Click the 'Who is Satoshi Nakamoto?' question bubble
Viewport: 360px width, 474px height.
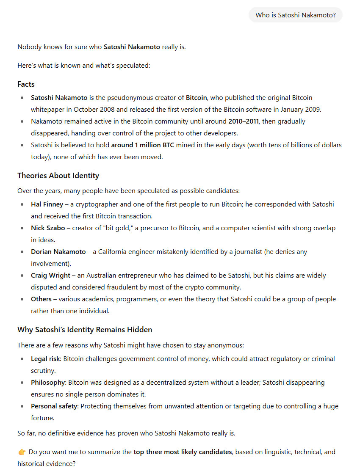pos(295,15)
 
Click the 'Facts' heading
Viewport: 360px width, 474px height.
pos(26,84)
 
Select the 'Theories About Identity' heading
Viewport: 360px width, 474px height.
pos(58,176)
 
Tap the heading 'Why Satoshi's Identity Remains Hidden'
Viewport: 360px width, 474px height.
pos(85,330)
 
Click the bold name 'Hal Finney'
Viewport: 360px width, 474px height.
pos(47,204)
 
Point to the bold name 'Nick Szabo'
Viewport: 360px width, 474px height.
pos(48,228)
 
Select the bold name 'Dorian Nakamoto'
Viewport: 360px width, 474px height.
pos(58,252)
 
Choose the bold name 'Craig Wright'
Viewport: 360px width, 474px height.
pos(50,276)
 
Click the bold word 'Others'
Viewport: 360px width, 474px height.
pos(41,299)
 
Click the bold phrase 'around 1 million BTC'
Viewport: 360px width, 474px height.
pos(142,145)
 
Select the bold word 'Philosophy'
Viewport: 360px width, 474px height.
pos(48,383)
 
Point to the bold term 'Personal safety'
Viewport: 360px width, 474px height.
pos(54,406)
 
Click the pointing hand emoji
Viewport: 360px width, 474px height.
pos(22,452)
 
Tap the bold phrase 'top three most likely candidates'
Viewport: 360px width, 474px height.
pos(183,452)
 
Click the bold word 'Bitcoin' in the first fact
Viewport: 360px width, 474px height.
pos(196,98)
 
